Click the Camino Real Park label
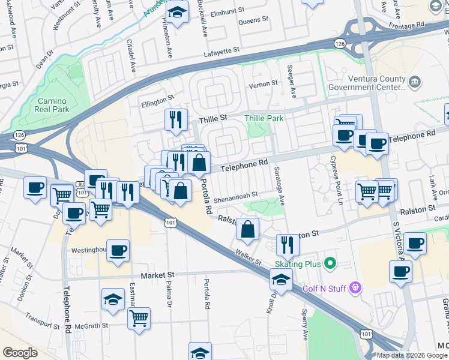53,105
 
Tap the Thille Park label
264,118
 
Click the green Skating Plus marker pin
329,263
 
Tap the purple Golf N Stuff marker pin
356,288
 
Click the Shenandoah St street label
236,195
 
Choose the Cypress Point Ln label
335,178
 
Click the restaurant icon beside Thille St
176,119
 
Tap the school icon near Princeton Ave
177,13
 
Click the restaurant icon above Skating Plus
288,244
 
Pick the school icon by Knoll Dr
280,279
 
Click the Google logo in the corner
20,353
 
